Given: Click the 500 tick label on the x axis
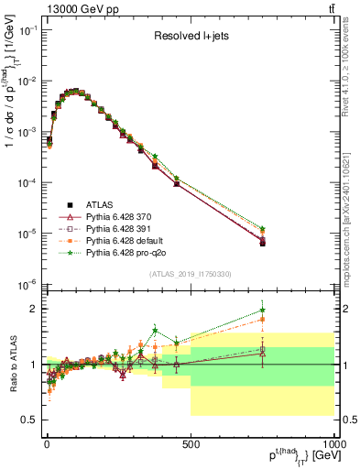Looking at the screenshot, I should pyautogui.click(x=190, y=442).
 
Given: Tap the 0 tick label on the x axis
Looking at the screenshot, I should pyautogui.click(x=46, y=442).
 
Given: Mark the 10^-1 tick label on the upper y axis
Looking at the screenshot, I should pyautogui.click(x=28, y=30).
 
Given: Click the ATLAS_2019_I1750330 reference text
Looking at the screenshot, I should pyautogui.click(x=190, y=273).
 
